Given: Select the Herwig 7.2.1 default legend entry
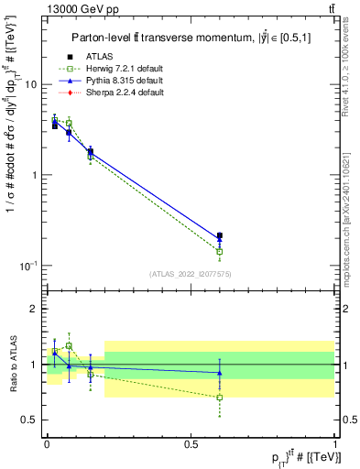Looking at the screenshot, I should pos(125,69).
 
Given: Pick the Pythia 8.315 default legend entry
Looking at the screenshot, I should pos(125,81).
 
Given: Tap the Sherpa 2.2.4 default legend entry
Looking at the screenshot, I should pos(125,93).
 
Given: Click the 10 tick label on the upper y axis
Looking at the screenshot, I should pos(30,84).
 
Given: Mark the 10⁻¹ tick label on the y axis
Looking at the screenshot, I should pos(27,266).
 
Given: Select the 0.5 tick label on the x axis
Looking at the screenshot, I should pos(191,442).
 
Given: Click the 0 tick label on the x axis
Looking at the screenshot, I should pos(46,442).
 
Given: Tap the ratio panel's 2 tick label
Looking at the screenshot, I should pos(34,309).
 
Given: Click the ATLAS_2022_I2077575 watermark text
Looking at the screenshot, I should pos(191,274).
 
